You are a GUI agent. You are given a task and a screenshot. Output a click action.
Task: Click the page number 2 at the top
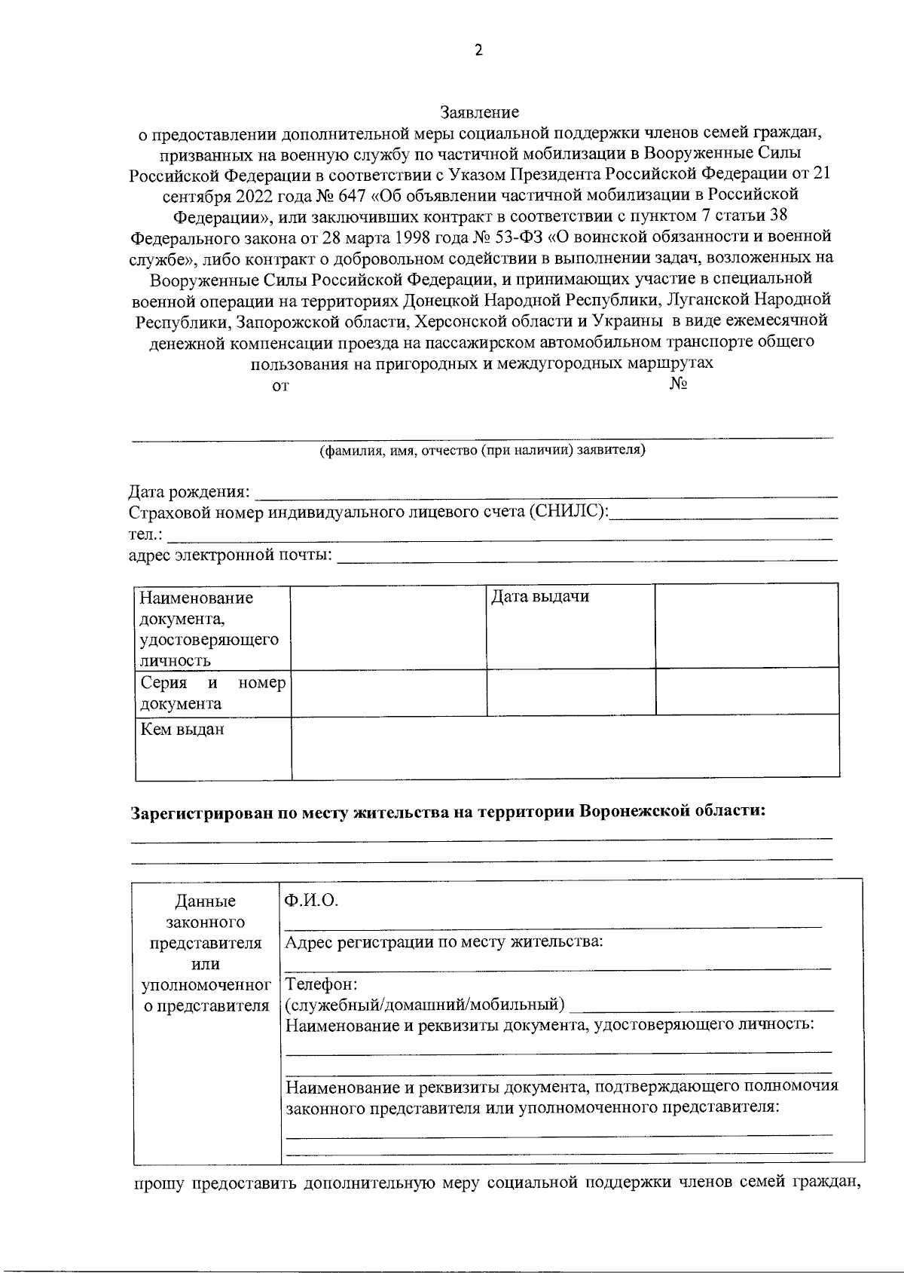pos(478,50)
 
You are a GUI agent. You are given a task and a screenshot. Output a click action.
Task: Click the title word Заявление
pos(480,113)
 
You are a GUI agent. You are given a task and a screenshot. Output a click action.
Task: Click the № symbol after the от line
pos(677,384)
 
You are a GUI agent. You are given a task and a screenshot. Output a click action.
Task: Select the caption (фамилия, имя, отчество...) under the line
pos(482,451)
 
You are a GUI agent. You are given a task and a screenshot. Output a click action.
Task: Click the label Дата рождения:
pos(190,492)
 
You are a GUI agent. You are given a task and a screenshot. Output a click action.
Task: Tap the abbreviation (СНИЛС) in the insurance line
pos(567,513)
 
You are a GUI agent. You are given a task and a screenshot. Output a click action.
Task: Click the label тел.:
pos(145,534)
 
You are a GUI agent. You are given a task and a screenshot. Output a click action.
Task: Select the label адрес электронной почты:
pos(231,555)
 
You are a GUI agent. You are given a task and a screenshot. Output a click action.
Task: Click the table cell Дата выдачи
pos(539,598)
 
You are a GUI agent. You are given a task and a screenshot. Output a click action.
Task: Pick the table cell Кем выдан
pos(182,730)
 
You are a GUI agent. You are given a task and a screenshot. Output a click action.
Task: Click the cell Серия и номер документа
pos(212,693)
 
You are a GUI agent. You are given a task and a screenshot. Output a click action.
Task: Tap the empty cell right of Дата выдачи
pos(746,624)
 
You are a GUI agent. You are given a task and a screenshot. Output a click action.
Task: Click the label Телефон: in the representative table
pos(322,984)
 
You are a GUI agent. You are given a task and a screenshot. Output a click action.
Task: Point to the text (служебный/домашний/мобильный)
pos(425,1005)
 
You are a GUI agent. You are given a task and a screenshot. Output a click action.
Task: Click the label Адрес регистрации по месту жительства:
pos(444,942)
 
